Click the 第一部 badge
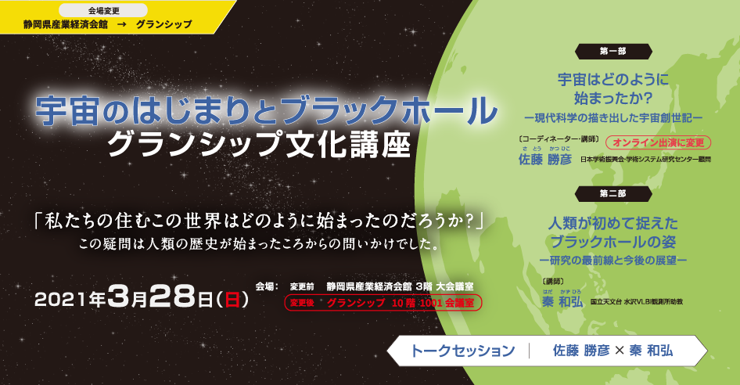pos(612,52)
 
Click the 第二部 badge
pos(612,192)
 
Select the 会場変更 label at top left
pos(107,11)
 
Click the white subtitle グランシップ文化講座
pos(258,143)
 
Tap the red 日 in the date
pos(232,299)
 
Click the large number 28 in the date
pos(173,297)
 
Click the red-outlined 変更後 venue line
pos(383,302)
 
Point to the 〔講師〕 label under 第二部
pos(553,280)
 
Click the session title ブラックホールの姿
pos(612,239)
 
